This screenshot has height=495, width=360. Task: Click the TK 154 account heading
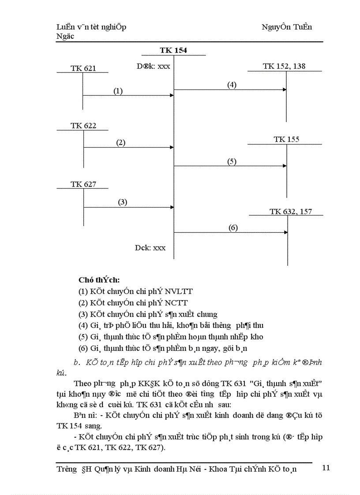pos(173,50)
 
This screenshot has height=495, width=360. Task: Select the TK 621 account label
pos(83,68)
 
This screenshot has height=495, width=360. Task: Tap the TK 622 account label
pos(83,126)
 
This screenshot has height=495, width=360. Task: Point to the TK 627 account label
pos(83,184)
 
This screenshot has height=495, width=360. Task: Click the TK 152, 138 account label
pos(284,66)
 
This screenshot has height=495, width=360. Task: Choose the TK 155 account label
pos(286,139)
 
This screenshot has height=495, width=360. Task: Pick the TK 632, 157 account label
pos(291,212)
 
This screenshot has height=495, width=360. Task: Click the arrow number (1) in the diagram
pos(118,91)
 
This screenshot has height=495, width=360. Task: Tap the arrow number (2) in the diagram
pos(121,142)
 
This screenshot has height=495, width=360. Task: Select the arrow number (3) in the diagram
pos(122,202)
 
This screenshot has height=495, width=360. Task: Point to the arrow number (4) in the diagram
pos(232,85)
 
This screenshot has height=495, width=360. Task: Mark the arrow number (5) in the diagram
pos(232,161)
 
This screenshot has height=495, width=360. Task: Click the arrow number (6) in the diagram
pos(233,227)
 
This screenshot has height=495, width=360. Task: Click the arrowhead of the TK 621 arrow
pos(172,95)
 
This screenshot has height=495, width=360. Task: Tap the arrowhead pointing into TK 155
pos(285,166)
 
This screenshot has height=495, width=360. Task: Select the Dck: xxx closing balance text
pos(150,248)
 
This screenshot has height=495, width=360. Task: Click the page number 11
pos(326,468)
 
